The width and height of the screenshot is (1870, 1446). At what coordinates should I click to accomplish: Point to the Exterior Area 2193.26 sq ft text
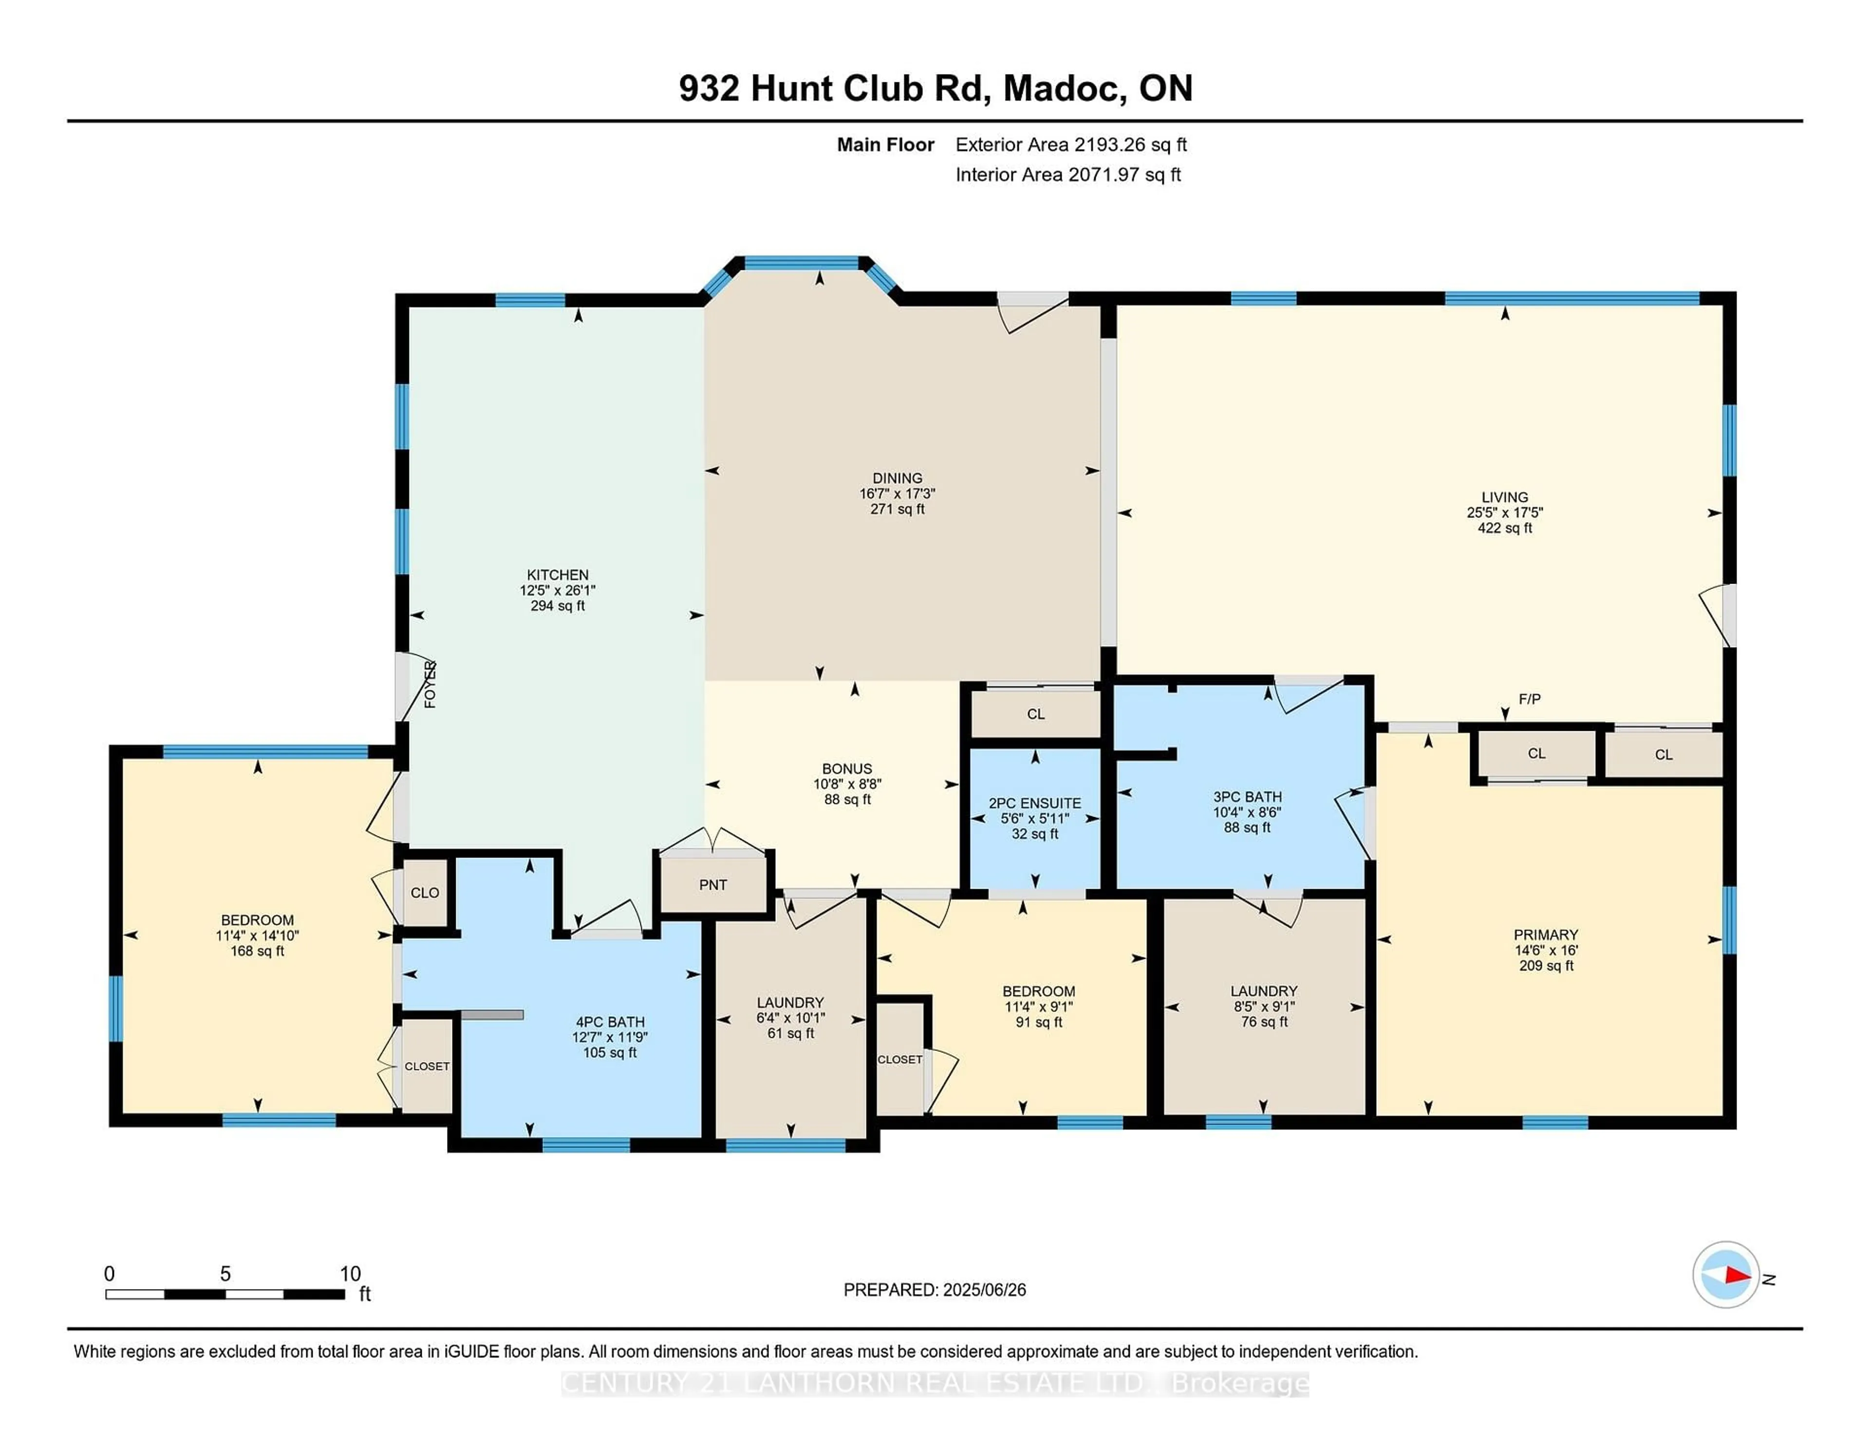(1070, 145)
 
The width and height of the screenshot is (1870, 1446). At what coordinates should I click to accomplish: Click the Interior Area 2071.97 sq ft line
(1068, 175)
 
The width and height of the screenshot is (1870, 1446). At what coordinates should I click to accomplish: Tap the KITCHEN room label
(558, 575)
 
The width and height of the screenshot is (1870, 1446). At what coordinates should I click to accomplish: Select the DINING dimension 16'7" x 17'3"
(898, 494)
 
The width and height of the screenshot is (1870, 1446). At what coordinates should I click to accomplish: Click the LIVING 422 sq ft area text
(1504, 528)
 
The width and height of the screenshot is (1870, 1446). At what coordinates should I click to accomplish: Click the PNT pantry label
(712, 885)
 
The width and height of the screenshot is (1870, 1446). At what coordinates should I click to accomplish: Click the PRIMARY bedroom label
(1546, 934)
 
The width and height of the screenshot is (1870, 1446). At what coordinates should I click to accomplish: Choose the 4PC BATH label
(610, 1022)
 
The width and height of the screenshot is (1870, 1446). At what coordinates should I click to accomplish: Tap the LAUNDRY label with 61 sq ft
(789, 1002)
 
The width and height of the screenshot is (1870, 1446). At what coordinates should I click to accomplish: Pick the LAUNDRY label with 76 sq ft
(1264, 991)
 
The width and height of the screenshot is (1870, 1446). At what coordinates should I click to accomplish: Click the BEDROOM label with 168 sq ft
(257, 920)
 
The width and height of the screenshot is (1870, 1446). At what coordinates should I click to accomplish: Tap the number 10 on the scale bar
(350, 1274)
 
